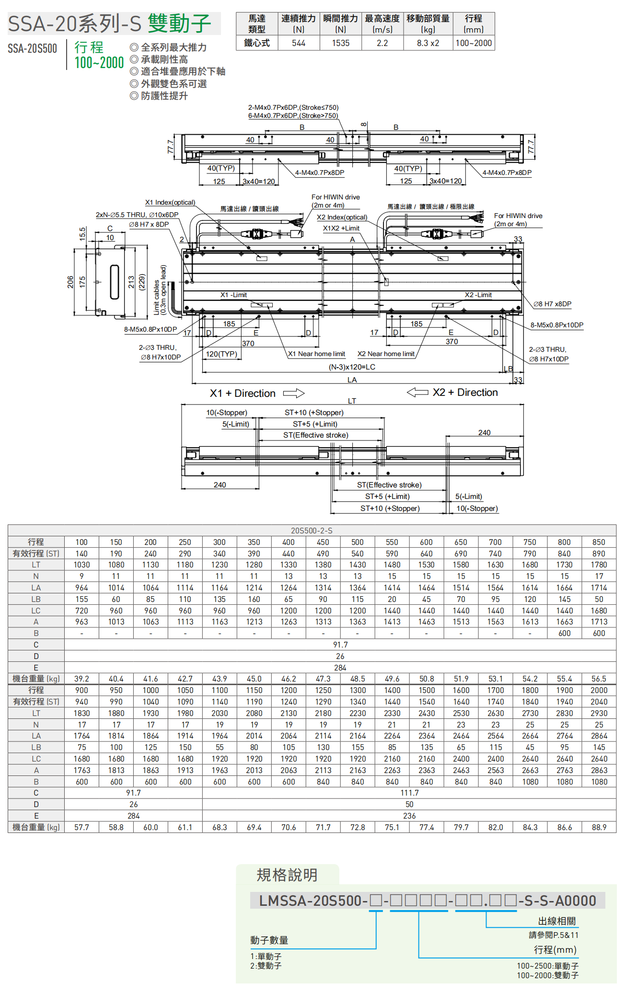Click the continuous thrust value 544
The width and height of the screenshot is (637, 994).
298,43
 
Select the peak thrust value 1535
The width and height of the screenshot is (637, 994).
340,43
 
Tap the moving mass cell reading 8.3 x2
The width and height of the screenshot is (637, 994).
428,43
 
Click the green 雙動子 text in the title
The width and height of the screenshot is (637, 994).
179,23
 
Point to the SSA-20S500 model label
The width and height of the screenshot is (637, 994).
32,48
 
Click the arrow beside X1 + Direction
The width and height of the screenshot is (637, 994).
294,393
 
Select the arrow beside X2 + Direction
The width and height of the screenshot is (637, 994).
417,393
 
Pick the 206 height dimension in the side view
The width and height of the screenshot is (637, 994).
70,282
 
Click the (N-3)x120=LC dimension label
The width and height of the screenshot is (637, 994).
352,367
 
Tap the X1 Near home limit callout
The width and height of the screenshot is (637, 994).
316,354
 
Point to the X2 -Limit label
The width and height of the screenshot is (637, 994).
478,295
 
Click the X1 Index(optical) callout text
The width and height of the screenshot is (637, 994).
170,202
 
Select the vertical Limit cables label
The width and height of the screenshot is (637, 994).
160,290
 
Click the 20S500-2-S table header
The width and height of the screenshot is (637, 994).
312,531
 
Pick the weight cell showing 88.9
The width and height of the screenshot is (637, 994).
599,827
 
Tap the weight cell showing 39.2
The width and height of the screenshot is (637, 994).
81,679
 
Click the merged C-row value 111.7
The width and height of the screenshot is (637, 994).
409,793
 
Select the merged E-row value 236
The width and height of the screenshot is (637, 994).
409,816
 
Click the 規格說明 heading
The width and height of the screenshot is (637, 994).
287,875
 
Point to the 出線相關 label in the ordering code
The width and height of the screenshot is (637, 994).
556,921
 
